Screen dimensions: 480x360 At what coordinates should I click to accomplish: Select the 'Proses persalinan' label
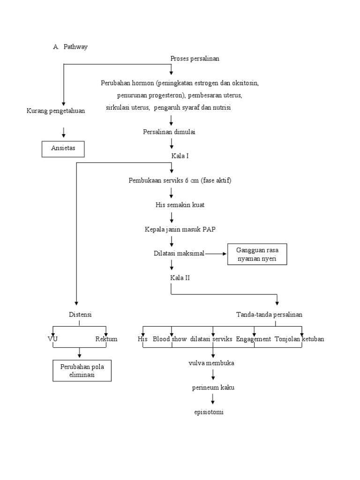(195, 59)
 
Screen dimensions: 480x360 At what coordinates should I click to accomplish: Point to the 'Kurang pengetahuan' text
(56, 111)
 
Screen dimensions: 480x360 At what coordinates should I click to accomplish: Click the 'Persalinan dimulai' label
(169, 132)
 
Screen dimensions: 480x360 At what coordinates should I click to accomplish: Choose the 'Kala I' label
(180, 156)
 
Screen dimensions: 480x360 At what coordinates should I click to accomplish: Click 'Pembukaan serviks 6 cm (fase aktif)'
(180, 180)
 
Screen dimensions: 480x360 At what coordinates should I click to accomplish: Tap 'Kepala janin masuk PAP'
(180, 229)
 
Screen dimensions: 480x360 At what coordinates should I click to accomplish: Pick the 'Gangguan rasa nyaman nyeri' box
(257, 254)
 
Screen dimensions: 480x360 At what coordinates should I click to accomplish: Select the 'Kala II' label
(180, 278)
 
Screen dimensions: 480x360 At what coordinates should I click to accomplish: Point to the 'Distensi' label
(79, 315)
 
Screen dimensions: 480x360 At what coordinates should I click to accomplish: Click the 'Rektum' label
(106, 339)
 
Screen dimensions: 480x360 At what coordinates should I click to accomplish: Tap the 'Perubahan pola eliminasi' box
(82, 371)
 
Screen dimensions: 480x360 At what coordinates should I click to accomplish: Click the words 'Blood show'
(170, 339)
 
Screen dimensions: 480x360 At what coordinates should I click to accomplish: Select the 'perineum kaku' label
(213, 388)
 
